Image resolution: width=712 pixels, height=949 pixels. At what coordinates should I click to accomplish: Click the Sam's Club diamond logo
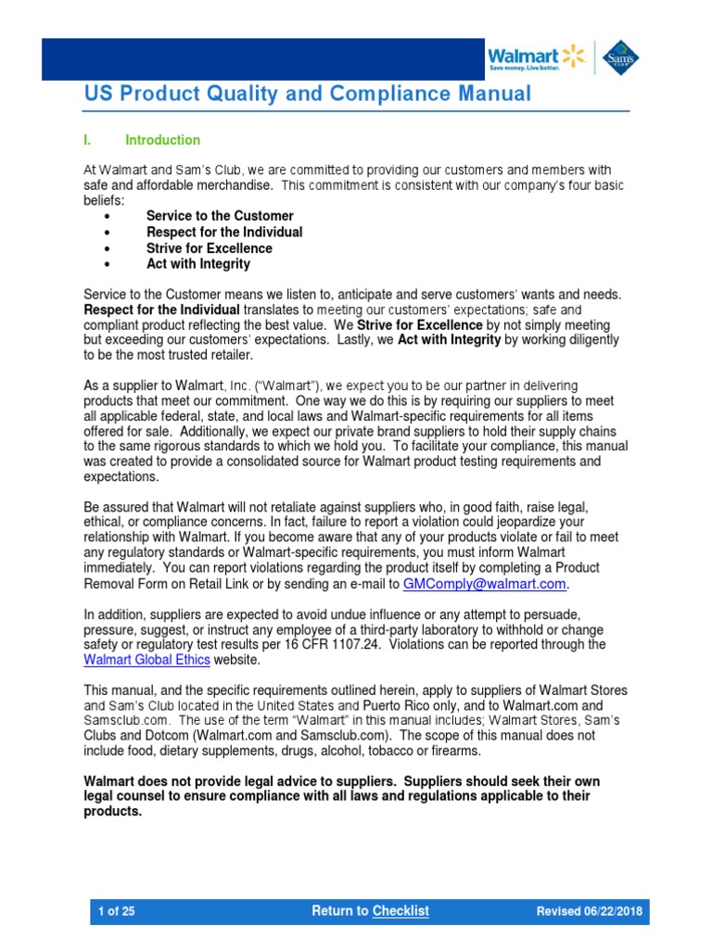(x=619, y=57)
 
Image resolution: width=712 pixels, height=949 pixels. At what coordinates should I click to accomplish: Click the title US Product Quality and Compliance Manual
(x=308, y=94)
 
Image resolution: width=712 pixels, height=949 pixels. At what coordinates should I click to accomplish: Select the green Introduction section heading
(x=162, y=140)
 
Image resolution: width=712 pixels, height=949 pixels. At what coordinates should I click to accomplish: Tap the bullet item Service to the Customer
(x=220, y=216)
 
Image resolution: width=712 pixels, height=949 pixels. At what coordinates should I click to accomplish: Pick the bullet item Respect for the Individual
(x=224, y=232)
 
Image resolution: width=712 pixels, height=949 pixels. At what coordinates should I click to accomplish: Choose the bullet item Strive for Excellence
(x=209, y=248)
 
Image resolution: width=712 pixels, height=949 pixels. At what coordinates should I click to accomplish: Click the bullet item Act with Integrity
(x=197, y=264)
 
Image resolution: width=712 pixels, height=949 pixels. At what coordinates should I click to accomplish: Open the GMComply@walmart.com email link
(x=484, y=584)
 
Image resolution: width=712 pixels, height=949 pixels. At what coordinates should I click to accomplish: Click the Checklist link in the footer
(x=400, y=911)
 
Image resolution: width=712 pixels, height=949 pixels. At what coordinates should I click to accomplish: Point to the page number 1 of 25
(x=117, y=911)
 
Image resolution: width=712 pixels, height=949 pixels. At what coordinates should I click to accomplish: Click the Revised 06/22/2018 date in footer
(x=589, y=911)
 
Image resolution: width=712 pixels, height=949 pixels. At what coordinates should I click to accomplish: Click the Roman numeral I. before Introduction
(x=87, y=140)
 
